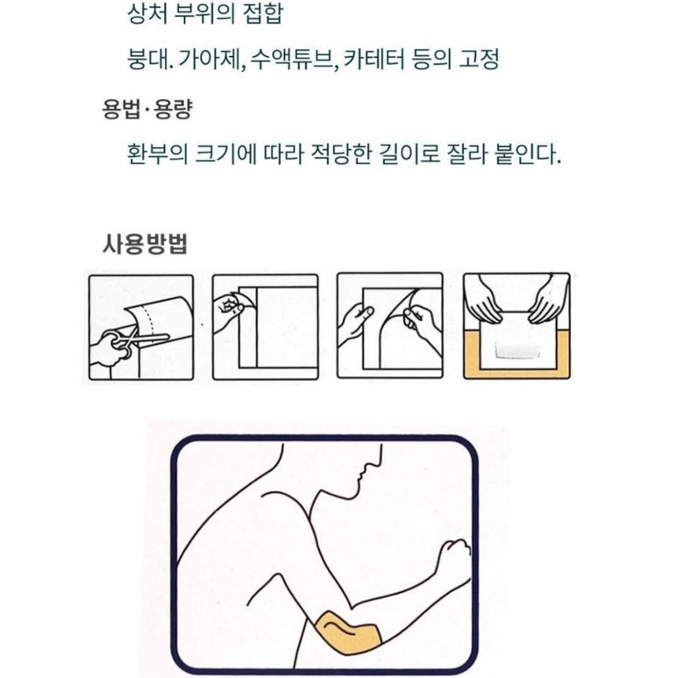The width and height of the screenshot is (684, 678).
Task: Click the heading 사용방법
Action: (x=145, y=244)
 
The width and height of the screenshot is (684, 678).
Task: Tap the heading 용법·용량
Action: (x=146, y=109)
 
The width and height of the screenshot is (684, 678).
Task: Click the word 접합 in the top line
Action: (x=262, y=14)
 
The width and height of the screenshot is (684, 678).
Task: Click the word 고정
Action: (x=479, y=59)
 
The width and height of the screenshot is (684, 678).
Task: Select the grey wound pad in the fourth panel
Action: (x=517, y=349)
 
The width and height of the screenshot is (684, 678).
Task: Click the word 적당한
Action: (x=340, y=154)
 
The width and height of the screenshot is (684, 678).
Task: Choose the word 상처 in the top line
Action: (x=147, y=14)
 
